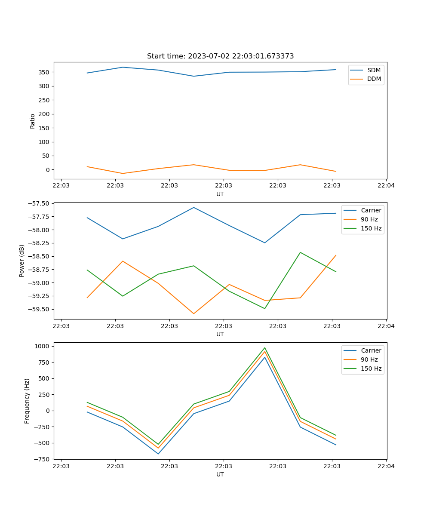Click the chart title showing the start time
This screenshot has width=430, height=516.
(x=220, y=56)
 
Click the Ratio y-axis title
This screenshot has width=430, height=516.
(x=33, y=121)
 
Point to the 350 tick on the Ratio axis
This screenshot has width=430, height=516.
(x=44, y=72)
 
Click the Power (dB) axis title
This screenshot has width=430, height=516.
(x=22, y=261)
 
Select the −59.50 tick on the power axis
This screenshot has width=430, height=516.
(x=39, y=309)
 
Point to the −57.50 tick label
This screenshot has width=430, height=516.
(x=39, y=203)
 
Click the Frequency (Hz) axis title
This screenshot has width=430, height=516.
(x=27, y=401)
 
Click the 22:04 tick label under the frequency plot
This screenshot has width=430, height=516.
(x=386, y=466)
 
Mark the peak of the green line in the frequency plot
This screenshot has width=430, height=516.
(x=265, y=348)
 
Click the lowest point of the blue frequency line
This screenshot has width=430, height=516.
(x=158, y=454)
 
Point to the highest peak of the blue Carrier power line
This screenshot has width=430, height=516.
(x=194, y=207)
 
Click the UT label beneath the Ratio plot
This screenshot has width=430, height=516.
(x=220, y=194)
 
